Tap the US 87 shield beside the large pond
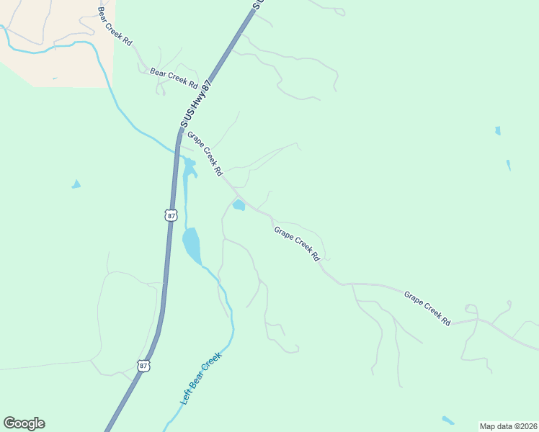pyautogui.click(x=170, y=215)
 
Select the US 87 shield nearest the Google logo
pyautogui.click(x=144, y=366)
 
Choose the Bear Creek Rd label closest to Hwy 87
pyautogui.click(x=174, y=78)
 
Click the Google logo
pyautogui.click(x=24, y=423)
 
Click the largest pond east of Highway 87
pyautogui.click(x=192, y=246)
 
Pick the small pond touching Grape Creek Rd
pyautogui.click(x=239, y=206)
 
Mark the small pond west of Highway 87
pyautogui.click(x=76, y=184)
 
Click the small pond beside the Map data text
pyautogui.click(x=448, y=420)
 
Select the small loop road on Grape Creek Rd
pyautogui.click(x=471, y=310)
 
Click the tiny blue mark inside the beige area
pyautogui.click(x=54, y=78)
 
